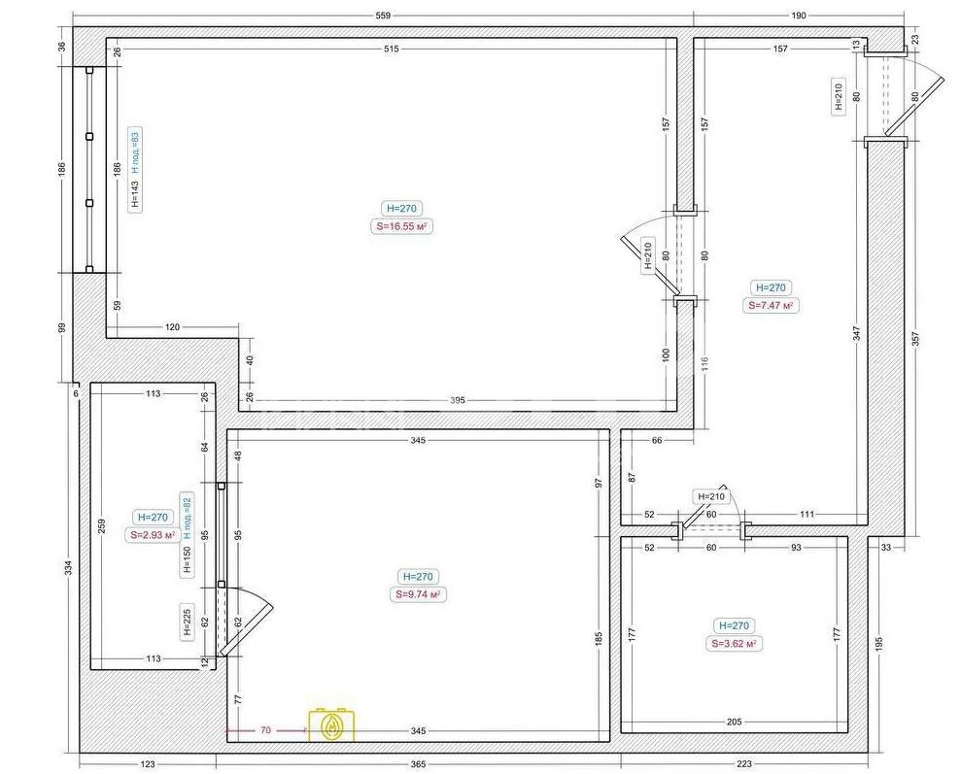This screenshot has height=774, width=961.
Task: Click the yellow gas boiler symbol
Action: point(331,725)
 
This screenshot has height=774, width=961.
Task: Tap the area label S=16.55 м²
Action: point(401,226)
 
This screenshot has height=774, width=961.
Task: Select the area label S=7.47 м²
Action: point(771,305)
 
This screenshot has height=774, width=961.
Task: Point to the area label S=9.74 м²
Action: point(418,594)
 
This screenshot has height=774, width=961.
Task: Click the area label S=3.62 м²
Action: point(734,644)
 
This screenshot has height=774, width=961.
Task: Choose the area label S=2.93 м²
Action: point(153,534)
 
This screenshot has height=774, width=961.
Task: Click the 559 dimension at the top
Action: point(383,16)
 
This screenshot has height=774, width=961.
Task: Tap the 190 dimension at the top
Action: point(799,16)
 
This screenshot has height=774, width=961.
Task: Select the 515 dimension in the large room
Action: point(391,49)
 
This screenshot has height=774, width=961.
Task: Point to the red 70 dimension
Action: point(265,730)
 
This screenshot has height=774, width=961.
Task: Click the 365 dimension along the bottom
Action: point(418,763)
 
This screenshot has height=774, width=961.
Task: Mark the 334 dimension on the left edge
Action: point(69,568)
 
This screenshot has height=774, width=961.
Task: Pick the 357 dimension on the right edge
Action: point(915,341)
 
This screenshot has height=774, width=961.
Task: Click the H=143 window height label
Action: point(135,195)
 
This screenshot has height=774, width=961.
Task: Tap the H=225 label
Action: point(188,622)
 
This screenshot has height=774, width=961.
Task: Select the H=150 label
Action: point(188,559)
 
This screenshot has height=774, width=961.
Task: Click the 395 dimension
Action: point(458,400)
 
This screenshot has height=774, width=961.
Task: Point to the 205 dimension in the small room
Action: point(734,722)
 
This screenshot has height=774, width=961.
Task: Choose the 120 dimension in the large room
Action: point(173,327)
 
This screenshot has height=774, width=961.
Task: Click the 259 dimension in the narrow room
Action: point(102,525)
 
